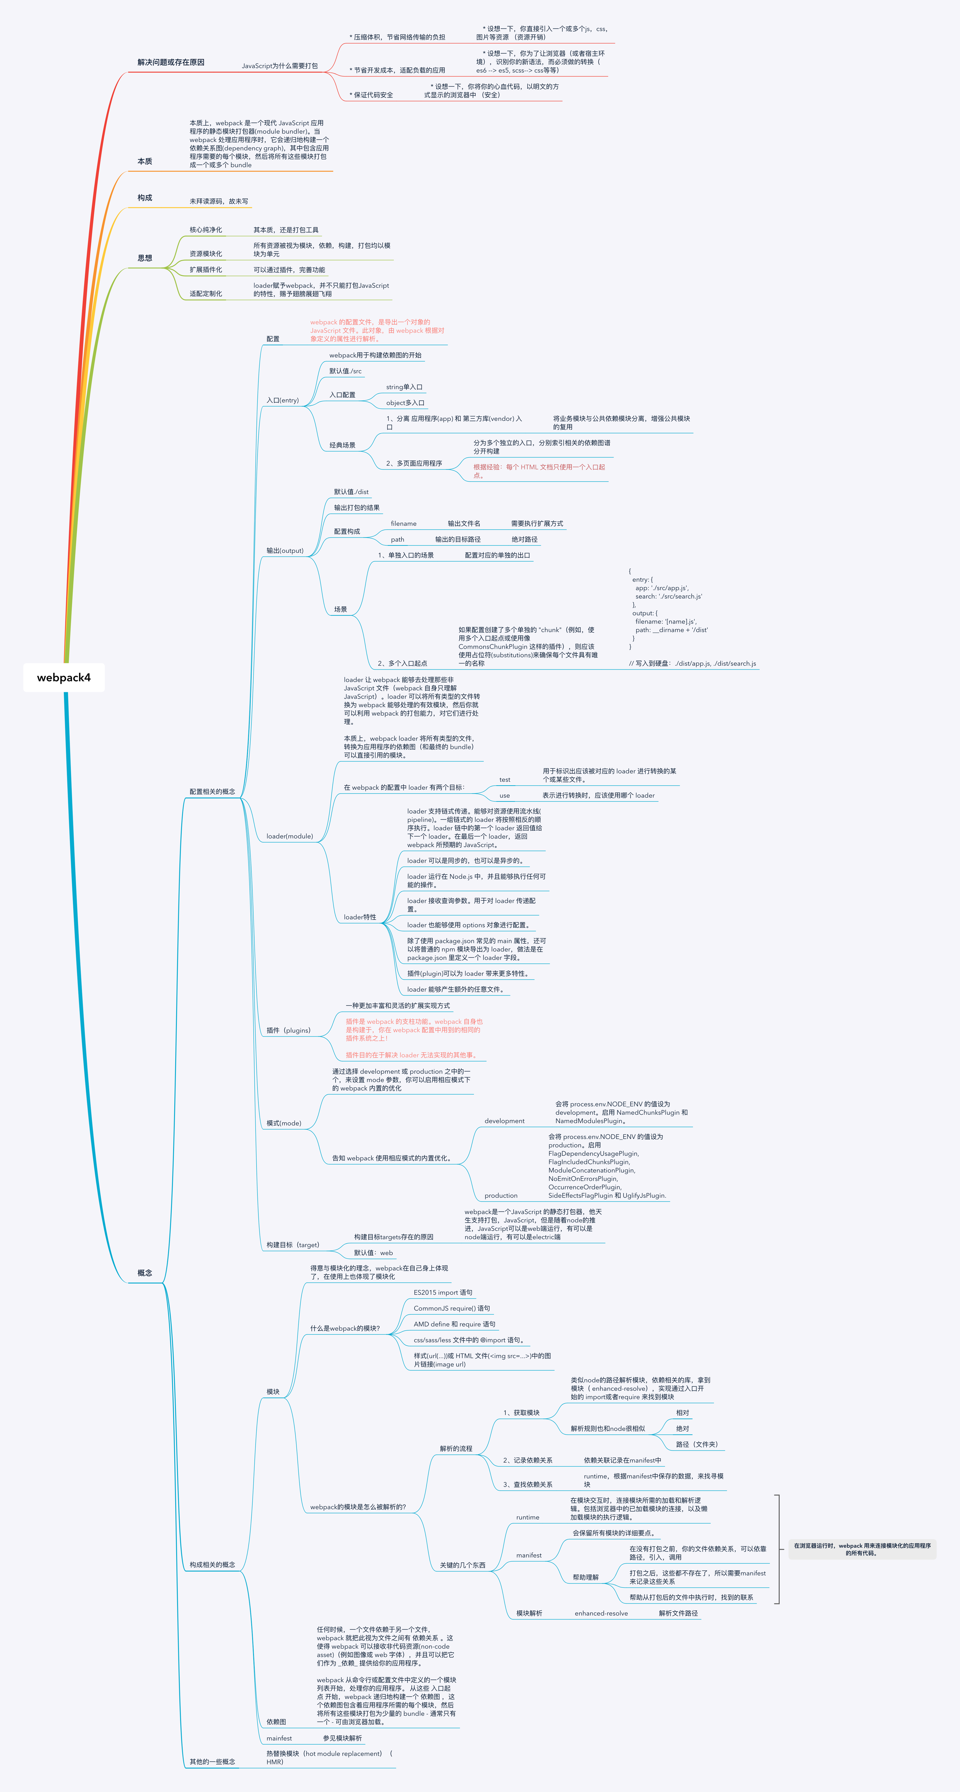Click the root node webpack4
(64, 678)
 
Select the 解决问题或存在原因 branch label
(171, 63)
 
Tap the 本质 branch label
(144, 161)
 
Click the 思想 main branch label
(144, 258)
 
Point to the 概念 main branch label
(144, 1273)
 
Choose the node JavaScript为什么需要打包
(279, 66)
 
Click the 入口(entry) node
(282, 401)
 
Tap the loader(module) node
(289, 836)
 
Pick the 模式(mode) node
(283, 1124)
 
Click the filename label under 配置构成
(403, 524)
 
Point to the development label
(504, 1121)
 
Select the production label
(501, 1196)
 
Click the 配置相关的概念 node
(212, 792)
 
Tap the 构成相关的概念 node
(212, 1565)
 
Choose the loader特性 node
(359, 917)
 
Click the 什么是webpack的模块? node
(345, 1329)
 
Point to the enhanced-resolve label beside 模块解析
(601, 1614)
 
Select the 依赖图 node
(276, 1722)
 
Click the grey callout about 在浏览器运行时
(862, 1549)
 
